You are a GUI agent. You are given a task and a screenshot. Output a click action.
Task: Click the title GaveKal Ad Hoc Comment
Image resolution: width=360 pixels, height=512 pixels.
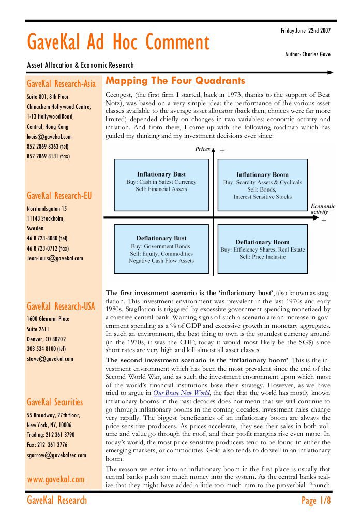click(x=118, y=42)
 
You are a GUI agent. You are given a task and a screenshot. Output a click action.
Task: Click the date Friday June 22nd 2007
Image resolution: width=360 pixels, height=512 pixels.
click(x=305, y=31)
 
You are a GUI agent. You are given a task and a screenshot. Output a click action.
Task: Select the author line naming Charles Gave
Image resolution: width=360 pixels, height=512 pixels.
click(x=307, y=54)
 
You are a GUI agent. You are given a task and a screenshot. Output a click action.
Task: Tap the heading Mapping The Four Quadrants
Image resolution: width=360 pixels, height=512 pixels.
click(x=175, y=81)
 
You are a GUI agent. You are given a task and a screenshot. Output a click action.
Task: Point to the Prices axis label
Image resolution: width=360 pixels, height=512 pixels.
click(x=202, y=149)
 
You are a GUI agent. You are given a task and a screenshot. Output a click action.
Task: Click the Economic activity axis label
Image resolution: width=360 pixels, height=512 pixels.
click(x=322, y=209)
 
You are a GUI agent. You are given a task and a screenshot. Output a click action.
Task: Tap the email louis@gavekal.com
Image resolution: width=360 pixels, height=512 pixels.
click(x=49, y=137)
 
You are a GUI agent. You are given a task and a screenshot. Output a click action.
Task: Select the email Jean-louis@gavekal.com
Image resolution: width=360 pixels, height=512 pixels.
click(x=55, y=258)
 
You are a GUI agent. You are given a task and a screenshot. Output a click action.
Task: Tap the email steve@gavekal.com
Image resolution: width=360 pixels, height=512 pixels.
click(x=50, y=358)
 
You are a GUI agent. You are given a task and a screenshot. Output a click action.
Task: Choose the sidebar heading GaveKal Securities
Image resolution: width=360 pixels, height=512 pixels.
click(x=55, y=402)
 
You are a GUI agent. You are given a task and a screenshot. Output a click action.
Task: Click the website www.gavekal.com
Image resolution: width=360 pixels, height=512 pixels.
click(x=56, y=479)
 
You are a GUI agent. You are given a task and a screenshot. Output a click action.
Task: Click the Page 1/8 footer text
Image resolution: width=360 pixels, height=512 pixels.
click(x=316, y=501)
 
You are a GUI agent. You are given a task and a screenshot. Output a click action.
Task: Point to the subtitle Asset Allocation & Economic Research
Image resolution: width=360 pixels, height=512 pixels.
click(x=80, y=65)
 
